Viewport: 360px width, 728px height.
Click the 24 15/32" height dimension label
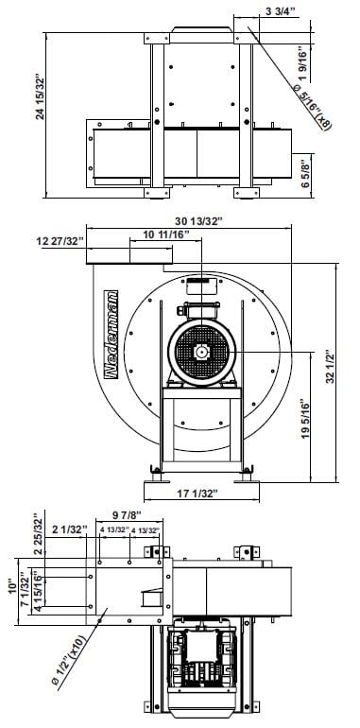pyautogui.click(x=41, y=96)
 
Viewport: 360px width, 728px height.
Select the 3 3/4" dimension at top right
pyautogui.click(x=281, y=12)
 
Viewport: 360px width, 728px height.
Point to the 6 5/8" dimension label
pyautogui.click(x=305, y=171)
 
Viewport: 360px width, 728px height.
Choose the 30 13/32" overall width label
pyautogui.click(x=198, y=221)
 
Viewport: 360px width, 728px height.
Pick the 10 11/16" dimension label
pyautogui.click(x=166, y=234)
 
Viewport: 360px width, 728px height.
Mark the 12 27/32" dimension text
pyautogui.click(x=60, y=241)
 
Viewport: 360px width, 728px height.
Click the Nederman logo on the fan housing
pyautogui.click(x=111, y=335)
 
